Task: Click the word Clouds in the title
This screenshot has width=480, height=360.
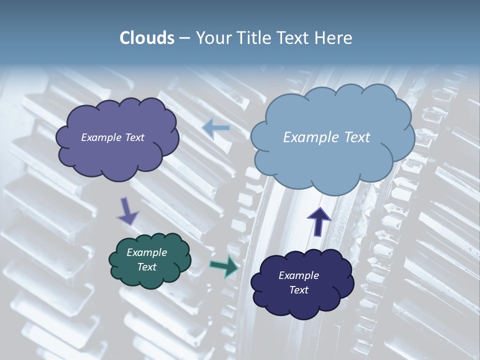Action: pyautogui.click(x=147, y=38)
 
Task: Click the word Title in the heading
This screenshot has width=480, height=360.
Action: pyautogui.click(x=252, y=38)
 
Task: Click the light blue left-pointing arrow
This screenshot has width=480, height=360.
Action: pyautogui.click(x=216, y=128)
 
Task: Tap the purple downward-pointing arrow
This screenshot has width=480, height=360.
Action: pyautogui.click(x=126, y=211)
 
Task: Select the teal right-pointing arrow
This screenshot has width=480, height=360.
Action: pyautogui.click(x=224, y=266)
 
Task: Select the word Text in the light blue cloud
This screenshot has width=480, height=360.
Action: pyautogui.click(x=356, y=137)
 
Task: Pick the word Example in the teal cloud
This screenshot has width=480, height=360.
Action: pyautogui.click(x=146, y=252)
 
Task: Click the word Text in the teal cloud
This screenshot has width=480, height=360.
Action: pyautogui.click(x=146, y=267)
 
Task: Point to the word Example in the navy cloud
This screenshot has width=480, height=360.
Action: pyautogui.click(x=298, y=275)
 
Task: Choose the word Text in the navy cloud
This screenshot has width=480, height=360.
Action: pyautogui.click(x=298, y=290)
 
